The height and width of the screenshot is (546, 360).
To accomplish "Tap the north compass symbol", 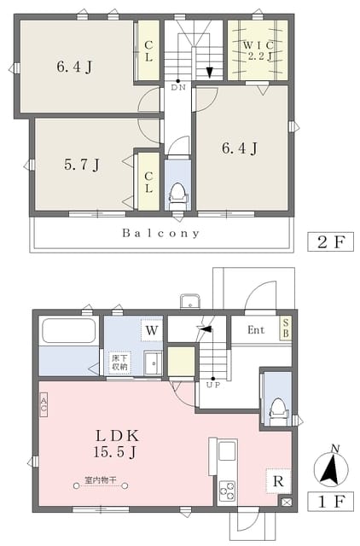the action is (330, 467).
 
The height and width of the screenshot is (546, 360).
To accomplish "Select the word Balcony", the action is (161, 233).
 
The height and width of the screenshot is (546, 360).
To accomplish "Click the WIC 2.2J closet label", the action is (258, 50).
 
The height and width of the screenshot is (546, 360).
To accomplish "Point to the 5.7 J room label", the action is (82, 165).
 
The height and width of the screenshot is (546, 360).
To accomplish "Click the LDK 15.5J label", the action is (116, 444).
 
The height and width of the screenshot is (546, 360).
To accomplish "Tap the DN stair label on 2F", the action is (178, 87).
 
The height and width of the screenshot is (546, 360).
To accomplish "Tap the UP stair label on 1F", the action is (213, 385).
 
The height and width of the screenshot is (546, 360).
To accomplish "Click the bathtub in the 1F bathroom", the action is (69, 331).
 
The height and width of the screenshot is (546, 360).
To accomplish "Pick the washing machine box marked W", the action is (152, 330).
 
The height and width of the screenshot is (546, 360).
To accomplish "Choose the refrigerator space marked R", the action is (278, 481).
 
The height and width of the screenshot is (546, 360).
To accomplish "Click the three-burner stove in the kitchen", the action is (227, 491).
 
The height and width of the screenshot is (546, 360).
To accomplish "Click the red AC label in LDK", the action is (44, 404).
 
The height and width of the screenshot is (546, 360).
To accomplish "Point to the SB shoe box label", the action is (286, 328).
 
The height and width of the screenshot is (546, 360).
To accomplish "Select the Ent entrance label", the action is (256, 330).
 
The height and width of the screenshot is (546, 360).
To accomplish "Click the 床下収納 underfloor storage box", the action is (119, 363).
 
